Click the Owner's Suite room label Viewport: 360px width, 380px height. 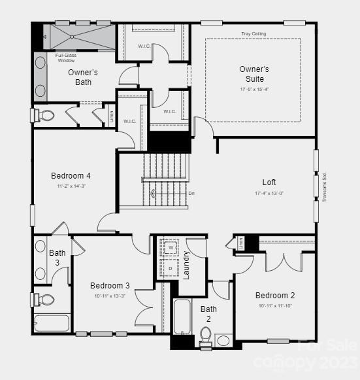254,73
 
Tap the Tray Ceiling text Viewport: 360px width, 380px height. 254,33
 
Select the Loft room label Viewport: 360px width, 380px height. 269,182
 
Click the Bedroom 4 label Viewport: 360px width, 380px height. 71,176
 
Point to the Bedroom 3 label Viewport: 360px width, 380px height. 110,285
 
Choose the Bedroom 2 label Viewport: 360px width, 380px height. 275,295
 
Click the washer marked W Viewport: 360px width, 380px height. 171,249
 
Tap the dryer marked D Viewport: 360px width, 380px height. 171,268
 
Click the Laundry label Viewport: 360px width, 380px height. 186,265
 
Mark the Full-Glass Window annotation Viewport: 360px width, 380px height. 66,58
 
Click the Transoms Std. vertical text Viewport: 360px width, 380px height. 324,186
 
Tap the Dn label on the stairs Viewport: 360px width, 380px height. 191,193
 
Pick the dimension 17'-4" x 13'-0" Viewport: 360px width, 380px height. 269,194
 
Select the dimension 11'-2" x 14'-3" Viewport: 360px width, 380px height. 71,186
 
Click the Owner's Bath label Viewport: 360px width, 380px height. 83,77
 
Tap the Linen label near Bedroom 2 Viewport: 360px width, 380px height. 240,243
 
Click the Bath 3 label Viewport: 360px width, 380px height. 57,257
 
